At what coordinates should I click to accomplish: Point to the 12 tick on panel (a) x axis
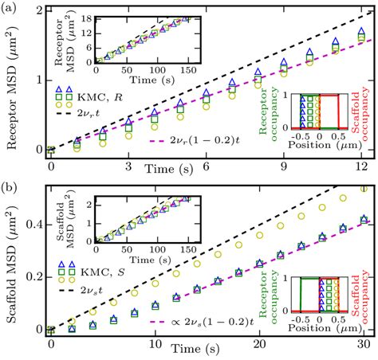pos(361,166)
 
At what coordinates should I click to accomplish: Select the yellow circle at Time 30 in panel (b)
pos(363,189)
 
